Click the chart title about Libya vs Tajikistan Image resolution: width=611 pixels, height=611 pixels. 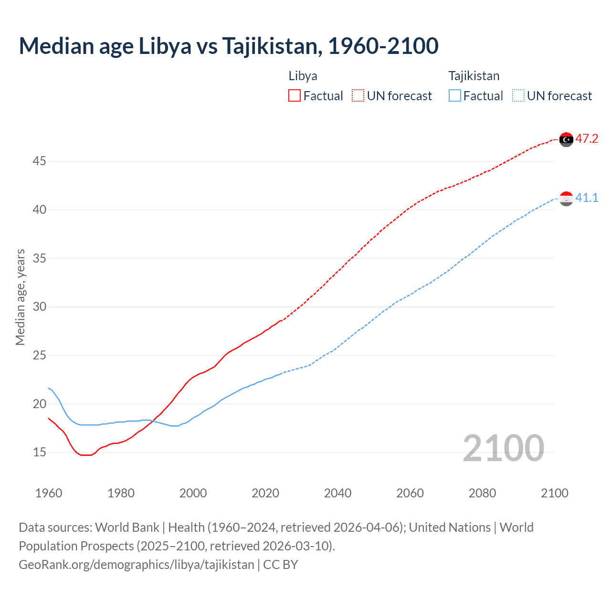(x=228, y=46)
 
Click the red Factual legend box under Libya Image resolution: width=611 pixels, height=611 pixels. (x=295, y=95)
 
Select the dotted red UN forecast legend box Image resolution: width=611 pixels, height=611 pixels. (x=358, y=95)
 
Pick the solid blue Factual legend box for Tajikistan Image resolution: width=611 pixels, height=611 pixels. (x=455, y=95)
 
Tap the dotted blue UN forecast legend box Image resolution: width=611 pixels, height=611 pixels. (x=518, y=95)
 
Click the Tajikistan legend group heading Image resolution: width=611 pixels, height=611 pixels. (x=474, y=76)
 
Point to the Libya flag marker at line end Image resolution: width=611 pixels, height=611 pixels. (x=566, y=139)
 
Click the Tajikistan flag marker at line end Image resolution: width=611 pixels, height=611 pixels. (x=566, y=199)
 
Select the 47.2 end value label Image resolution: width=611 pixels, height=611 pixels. (x=587, y=139)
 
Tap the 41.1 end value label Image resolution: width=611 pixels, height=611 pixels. (x=587, y=198)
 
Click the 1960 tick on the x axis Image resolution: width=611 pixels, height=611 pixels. (x=49, y=493)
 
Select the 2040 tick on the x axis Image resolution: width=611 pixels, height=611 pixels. (x=337, y=493)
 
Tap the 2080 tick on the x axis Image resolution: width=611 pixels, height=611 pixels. (x=482, y=493)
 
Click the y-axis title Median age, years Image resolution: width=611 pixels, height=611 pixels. (x=20, y=297)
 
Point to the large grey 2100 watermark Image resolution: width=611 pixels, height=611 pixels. (x=503, y=448)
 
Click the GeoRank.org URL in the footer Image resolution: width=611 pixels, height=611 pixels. (x=137, y=565)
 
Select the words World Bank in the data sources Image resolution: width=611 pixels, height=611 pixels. (x=127, y=527)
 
